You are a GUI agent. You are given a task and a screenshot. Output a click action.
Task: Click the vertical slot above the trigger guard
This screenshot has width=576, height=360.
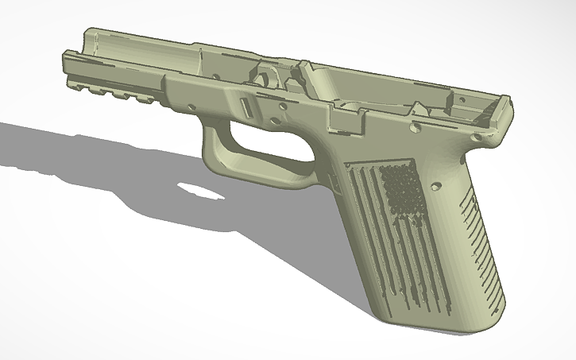tap(245, 107)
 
